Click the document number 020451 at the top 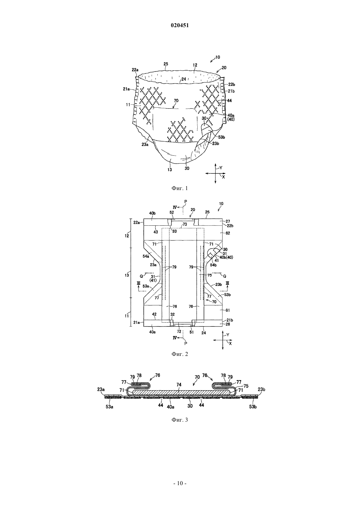[180, 26]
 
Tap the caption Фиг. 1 [180, 188]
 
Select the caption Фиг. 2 [180, 354]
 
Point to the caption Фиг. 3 [180, 420]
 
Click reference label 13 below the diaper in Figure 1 [170, 169]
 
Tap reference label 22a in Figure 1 [135, 70]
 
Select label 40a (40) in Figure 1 [231, 117]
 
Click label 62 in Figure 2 [228, 233]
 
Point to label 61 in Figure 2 [228, 310]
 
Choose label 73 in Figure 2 [185, 224]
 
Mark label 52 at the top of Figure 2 [172, 212]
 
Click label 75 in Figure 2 [209, 275]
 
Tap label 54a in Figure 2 [146, 256]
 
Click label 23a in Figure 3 [101, 389]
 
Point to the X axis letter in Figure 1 [224, 177]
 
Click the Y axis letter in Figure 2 [228, 335]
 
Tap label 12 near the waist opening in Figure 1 [195, 65]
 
